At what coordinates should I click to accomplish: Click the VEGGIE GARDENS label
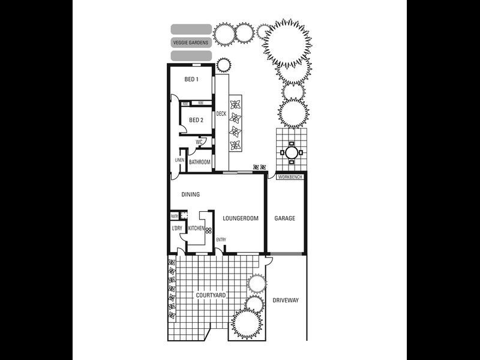(191, 43)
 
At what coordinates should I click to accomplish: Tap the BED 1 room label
(191, 79)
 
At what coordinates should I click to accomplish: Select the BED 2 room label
(196, 120)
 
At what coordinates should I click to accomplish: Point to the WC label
(198, 142)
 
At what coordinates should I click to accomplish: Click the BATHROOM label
(200, 162)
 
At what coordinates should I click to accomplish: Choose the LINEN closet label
(179, 160)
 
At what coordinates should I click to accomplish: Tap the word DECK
(221, 113)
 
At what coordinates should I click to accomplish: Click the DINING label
(190, 194)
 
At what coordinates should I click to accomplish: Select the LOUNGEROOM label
(241, 218)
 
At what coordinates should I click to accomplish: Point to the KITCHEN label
(196, 229)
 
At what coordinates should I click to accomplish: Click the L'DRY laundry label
(177, 229)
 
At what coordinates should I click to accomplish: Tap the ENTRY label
(221, 240)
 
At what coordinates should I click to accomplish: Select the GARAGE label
(285, 218)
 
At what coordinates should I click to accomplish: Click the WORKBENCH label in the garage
(290, 177)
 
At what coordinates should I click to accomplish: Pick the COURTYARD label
(211, 296)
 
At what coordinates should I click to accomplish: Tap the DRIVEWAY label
(286, 300)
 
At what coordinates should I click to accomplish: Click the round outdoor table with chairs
(291, 152)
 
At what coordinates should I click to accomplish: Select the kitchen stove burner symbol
(209, 230)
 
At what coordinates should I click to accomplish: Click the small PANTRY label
(174, 216)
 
